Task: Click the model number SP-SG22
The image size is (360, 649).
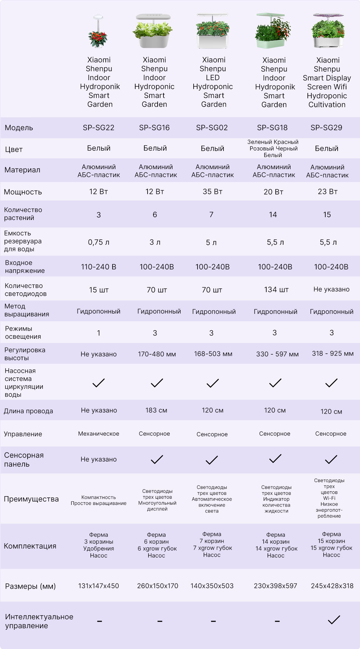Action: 99,128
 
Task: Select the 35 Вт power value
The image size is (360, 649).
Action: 212,191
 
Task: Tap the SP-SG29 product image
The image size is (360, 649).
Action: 327,31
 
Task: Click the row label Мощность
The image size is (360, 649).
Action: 23,192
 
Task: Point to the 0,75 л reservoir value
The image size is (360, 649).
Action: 99,242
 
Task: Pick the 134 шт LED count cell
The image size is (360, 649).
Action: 276,289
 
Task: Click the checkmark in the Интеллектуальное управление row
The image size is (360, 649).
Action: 334,620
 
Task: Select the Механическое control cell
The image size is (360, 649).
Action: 99,434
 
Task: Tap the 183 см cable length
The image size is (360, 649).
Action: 156,410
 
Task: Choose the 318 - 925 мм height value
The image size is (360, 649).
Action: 333,353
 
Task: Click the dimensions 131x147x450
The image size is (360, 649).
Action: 99,586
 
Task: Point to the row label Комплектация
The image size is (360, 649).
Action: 30,546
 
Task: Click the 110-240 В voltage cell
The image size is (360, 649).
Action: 99,267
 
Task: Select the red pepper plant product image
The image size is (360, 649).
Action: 98,31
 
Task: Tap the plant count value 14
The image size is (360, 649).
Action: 273,214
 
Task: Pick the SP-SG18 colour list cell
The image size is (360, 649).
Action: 273,148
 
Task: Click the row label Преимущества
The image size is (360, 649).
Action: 31,499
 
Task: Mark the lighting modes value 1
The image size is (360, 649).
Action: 99,333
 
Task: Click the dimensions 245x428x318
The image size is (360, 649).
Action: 332,586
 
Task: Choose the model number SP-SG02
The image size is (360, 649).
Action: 212,128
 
